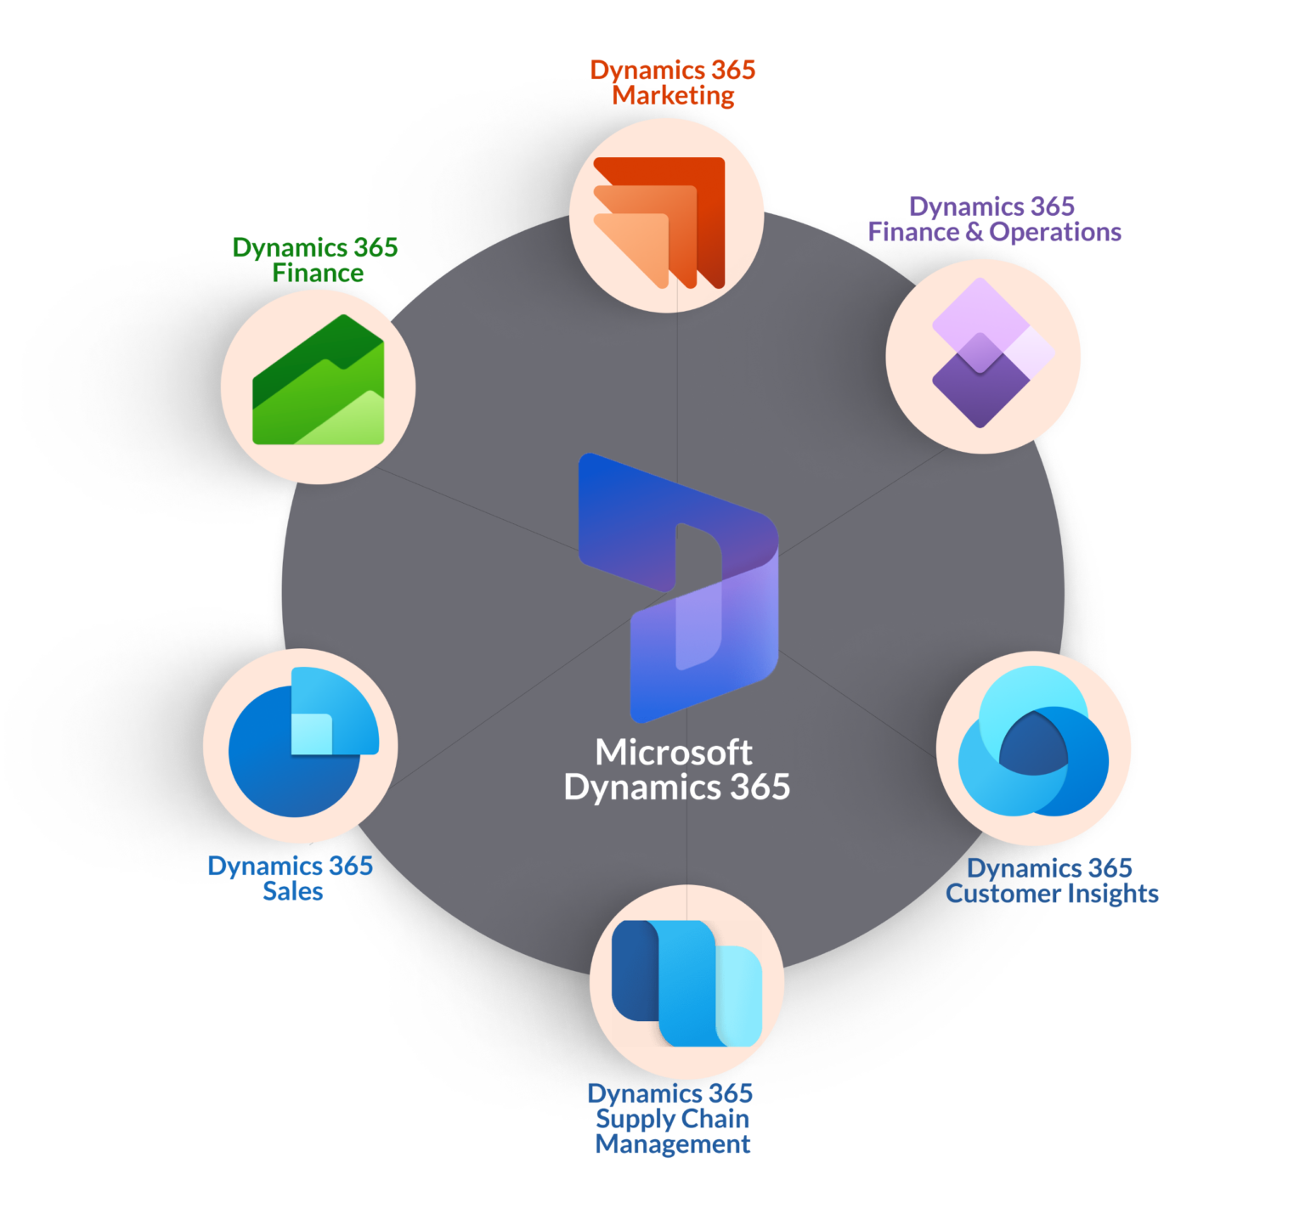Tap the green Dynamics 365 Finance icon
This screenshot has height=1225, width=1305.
tap(319, 380)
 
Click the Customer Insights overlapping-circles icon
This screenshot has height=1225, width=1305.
tap(1033, 741)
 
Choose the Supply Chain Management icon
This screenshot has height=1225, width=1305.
tap(686, 983)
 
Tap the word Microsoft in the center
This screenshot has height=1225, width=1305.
tap(673, 752)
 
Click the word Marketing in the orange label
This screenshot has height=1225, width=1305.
tap(673, 96)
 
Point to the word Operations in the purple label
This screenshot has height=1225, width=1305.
tap(1055, 232)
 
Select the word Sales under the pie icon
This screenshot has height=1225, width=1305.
tap(292, 891)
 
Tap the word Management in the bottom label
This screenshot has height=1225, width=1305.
tap(673, 1145)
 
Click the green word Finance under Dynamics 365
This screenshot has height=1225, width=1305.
tap(318, 273)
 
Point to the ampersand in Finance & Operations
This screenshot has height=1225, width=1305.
tap(975, 232)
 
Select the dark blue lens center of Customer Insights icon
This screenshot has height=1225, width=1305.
tap(1033, 743)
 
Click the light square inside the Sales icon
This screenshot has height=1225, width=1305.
tap(312, 733)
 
